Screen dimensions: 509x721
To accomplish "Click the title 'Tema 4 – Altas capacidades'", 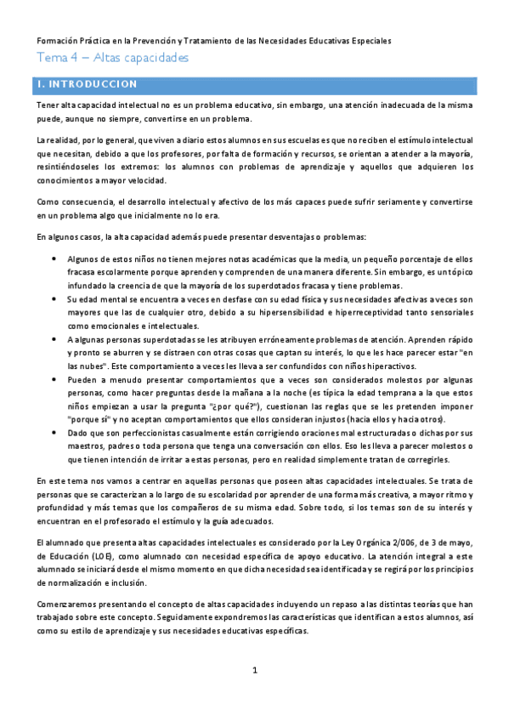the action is point(111,58).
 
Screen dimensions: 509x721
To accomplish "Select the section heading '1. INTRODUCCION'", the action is point(82,85).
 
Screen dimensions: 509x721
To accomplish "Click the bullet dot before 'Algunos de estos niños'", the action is point(54,258).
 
